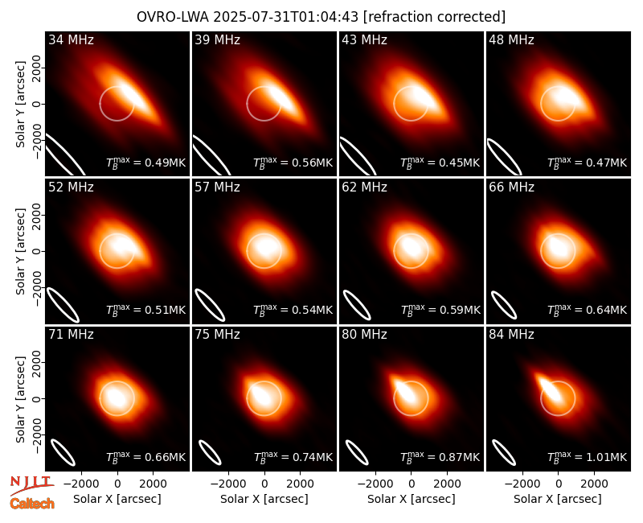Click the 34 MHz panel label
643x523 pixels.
click(x=71, y=39)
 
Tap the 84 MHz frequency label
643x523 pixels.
click(x=511, y=335)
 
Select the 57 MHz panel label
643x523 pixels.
click(x=217, y=187)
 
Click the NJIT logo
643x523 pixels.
click(x=31, y=485)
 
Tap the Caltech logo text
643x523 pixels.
click(x=32, y=504)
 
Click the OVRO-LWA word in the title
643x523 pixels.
click(x=173, y=17)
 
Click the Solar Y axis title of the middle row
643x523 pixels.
click(x=20, y=251)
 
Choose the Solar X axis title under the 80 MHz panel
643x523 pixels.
click(x=412, y=499)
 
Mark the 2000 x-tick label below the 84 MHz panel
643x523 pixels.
click(x=594, y=484)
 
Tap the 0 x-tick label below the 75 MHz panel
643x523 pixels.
click(x=264, y=484)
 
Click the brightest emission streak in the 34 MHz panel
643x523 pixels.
click(x=132, y=95)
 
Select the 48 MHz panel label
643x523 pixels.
click(x=511, y=39)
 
